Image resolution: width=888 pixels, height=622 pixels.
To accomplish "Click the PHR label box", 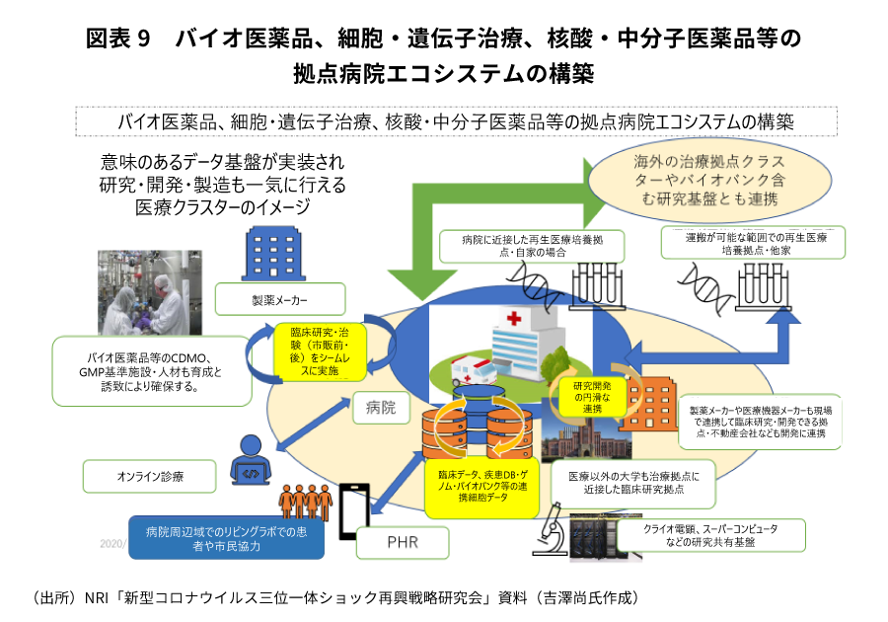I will click(401, 542).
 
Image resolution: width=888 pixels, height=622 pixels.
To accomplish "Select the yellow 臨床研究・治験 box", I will click(319, 352).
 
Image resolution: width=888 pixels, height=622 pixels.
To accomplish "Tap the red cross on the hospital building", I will click(513, 319).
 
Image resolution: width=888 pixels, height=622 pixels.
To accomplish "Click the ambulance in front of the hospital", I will click(472, 372).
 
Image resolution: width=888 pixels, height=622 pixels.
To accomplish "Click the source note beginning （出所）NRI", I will click(335, 598).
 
